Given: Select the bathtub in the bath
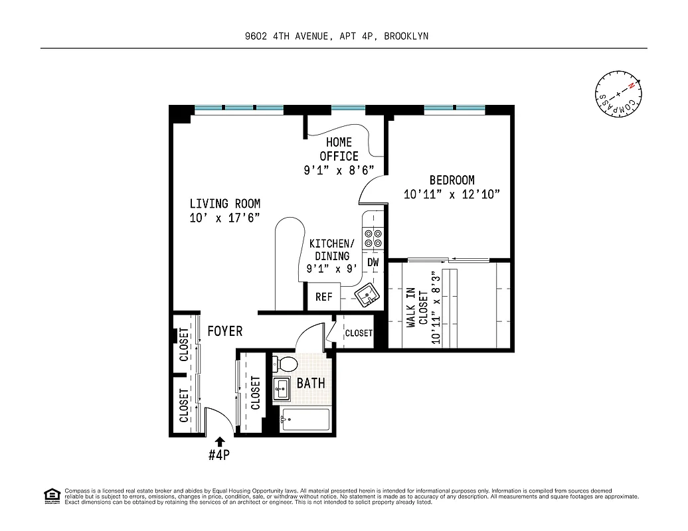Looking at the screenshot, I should point(305,419).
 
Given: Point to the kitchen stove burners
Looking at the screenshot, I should point(373,238).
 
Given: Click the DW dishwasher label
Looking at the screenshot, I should point(373,262).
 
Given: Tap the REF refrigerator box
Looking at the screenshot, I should point(323,297).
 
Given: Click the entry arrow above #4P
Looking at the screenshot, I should point(220,441).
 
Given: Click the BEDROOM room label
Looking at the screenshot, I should point(452,180).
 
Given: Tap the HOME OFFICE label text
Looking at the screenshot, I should point(339,149).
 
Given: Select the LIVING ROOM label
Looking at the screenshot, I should point(224,204).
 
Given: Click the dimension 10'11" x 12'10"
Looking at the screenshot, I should point(452,194).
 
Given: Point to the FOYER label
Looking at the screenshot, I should point(224,331).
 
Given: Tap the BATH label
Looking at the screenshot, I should point(311,383).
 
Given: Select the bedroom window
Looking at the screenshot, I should point(454,108).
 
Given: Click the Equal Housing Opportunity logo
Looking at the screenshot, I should point(51,496).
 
